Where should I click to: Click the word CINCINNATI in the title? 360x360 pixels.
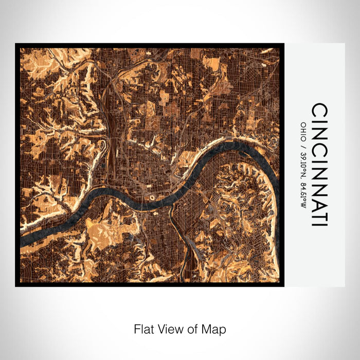click(319, 165)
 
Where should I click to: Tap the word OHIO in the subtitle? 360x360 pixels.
click(303, 128)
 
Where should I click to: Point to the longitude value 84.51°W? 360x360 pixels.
click(303, 189)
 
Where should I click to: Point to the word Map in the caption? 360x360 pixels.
click(215, 329)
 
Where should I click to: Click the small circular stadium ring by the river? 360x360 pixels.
click(152, 197)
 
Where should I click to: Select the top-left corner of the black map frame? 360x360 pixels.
click(16, 44)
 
